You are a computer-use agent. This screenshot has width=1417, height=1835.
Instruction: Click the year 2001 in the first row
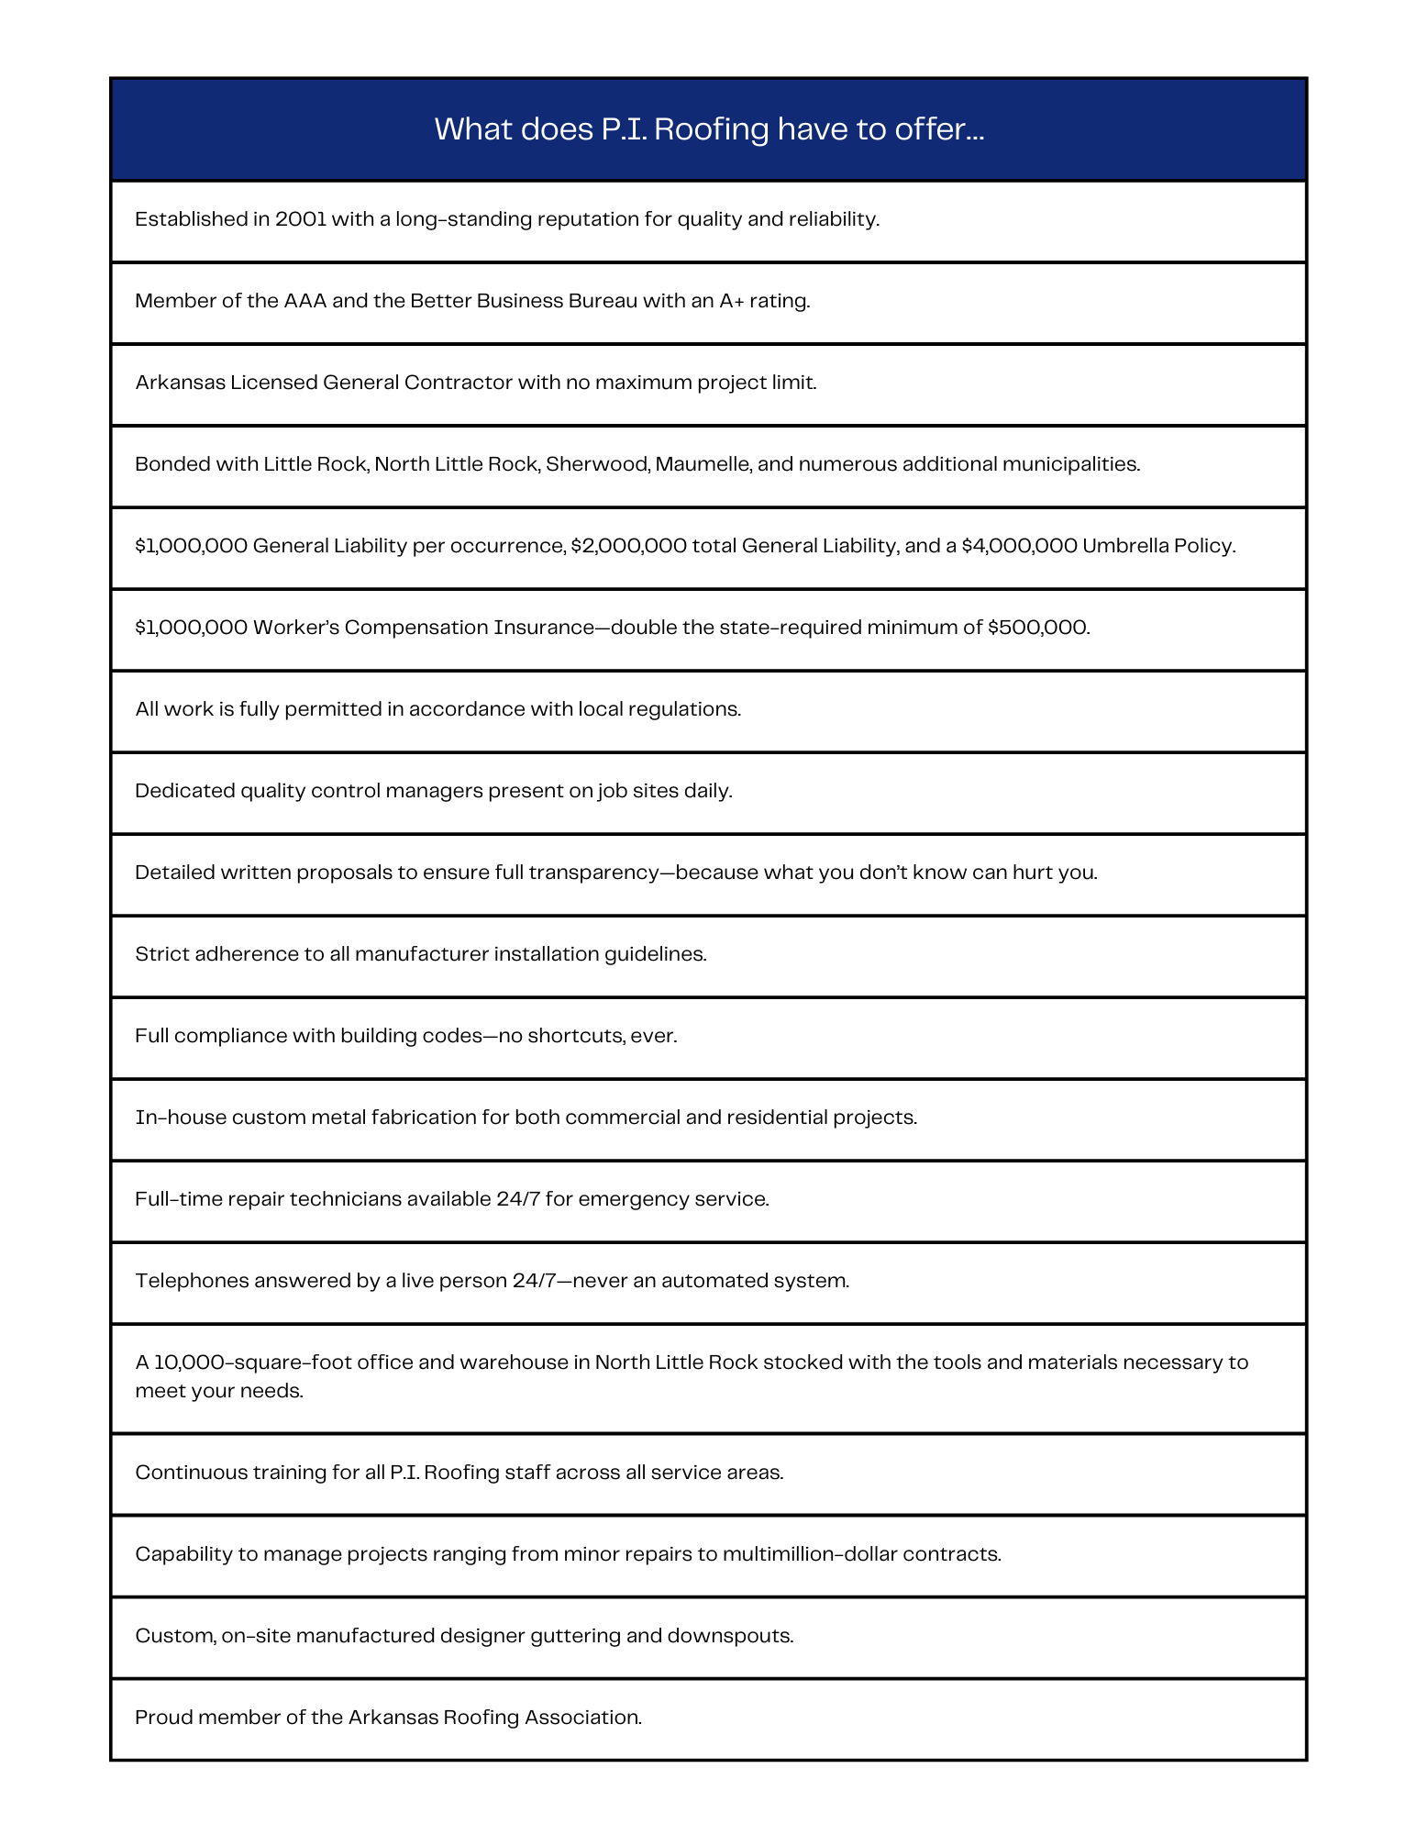pos(301,219)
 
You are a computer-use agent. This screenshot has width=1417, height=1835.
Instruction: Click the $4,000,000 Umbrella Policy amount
pos(1019,546)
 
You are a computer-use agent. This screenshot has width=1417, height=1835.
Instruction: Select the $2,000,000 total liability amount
pos(628,546)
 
